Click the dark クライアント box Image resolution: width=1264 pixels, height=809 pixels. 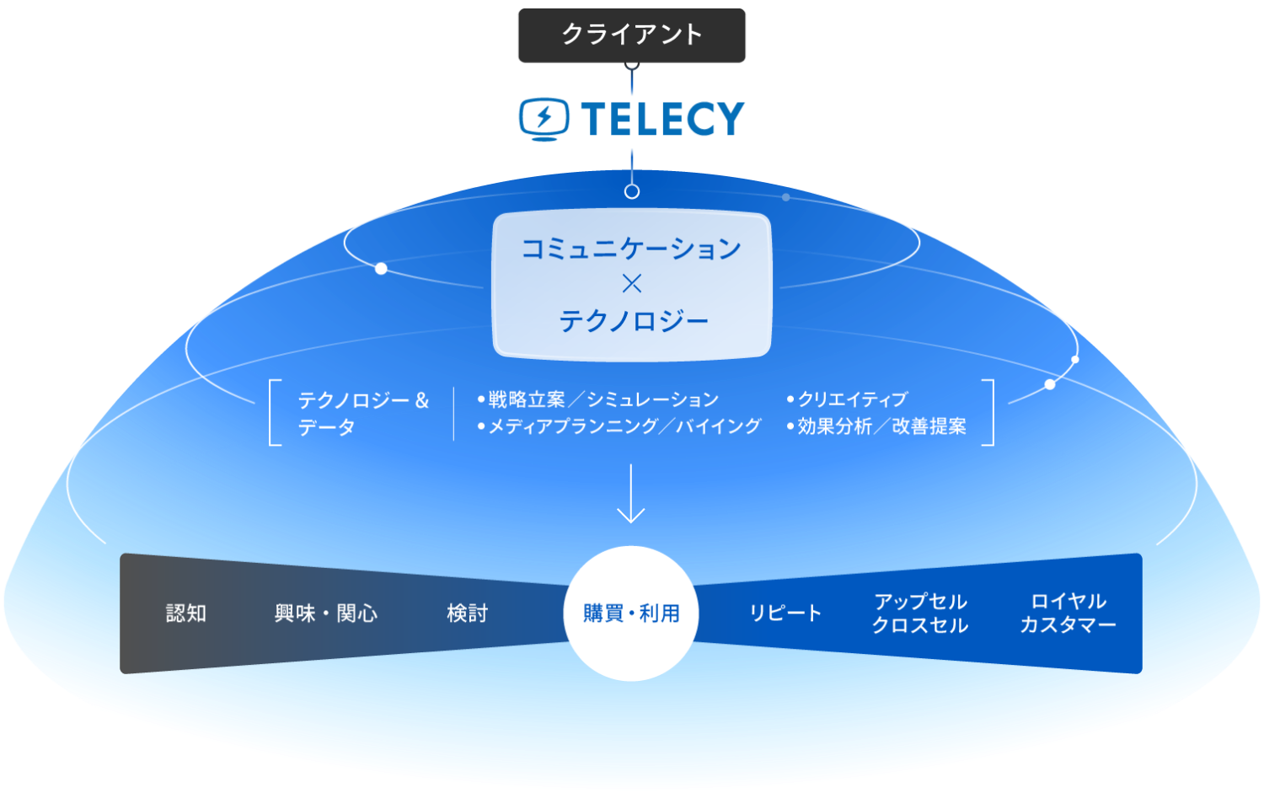(631, 35)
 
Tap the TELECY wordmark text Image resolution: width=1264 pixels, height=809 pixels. (662, 119)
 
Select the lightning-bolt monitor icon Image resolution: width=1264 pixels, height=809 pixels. (544, 119)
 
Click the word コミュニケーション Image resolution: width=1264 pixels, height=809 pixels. (631, 249)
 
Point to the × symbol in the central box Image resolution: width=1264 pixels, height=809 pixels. (631, 284)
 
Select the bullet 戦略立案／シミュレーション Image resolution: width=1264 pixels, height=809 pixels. (598, 399)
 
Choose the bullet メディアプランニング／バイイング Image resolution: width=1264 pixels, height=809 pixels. (619, 426)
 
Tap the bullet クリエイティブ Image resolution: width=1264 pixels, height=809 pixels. (847, 399)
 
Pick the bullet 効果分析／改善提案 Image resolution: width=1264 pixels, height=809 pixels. (876, 426)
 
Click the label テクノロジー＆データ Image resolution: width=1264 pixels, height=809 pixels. (363, 414)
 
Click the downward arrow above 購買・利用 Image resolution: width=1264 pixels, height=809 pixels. (631, 494)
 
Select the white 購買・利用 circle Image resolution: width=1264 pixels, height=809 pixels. (631, 613)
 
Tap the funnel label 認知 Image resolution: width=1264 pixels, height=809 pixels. (186, 613)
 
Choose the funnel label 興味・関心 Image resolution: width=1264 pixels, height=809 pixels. (325, 613)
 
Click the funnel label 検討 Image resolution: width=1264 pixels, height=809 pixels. (467, 613)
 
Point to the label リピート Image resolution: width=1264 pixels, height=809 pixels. (785, 613)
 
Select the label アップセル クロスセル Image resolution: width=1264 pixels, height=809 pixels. (920, 613)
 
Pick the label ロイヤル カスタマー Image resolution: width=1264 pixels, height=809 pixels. (1069, 613)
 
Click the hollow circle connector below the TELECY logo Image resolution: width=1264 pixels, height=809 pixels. (632, 192)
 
